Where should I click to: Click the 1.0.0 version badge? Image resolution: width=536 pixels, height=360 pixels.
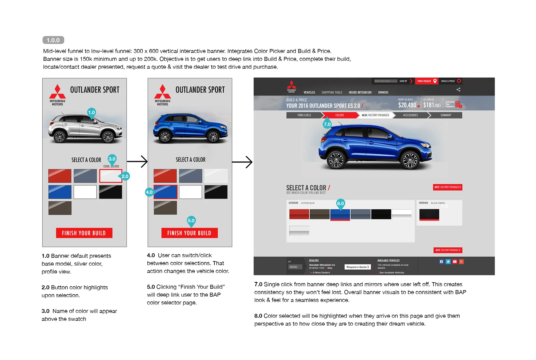53,40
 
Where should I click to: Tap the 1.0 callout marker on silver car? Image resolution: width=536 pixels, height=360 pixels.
92,112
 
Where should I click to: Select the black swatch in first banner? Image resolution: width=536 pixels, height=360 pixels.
110,192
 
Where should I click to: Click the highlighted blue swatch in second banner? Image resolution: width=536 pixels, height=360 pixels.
165,192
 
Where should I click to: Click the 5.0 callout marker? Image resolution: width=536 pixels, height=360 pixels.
191,221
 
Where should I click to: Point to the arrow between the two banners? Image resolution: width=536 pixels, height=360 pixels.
137,161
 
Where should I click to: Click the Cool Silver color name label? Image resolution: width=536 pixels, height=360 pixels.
111,166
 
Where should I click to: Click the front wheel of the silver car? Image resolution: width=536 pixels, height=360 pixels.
108,137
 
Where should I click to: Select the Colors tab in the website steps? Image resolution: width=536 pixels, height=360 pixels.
339,115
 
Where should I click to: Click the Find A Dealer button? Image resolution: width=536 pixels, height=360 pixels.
426,81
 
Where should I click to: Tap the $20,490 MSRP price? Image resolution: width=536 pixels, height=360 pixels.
407,105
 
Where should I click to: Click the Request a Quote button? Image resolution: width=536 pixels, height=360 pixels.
357,267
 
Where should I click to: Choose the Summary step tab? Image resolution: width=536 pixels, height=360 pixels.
446,115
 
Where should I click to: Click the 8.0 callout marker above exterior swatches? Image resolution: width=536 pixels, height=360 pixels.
340,203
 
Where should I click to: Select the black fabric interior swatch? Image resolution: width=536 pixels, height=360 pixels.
429,215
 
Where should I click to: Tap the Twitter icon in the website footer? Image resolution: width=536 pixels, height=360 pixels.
448,262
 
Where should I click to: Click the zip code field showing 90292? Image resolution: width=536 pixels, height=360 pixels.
295,267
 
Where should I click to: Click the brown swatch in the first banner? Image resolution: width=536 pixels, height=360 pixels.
60,208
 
